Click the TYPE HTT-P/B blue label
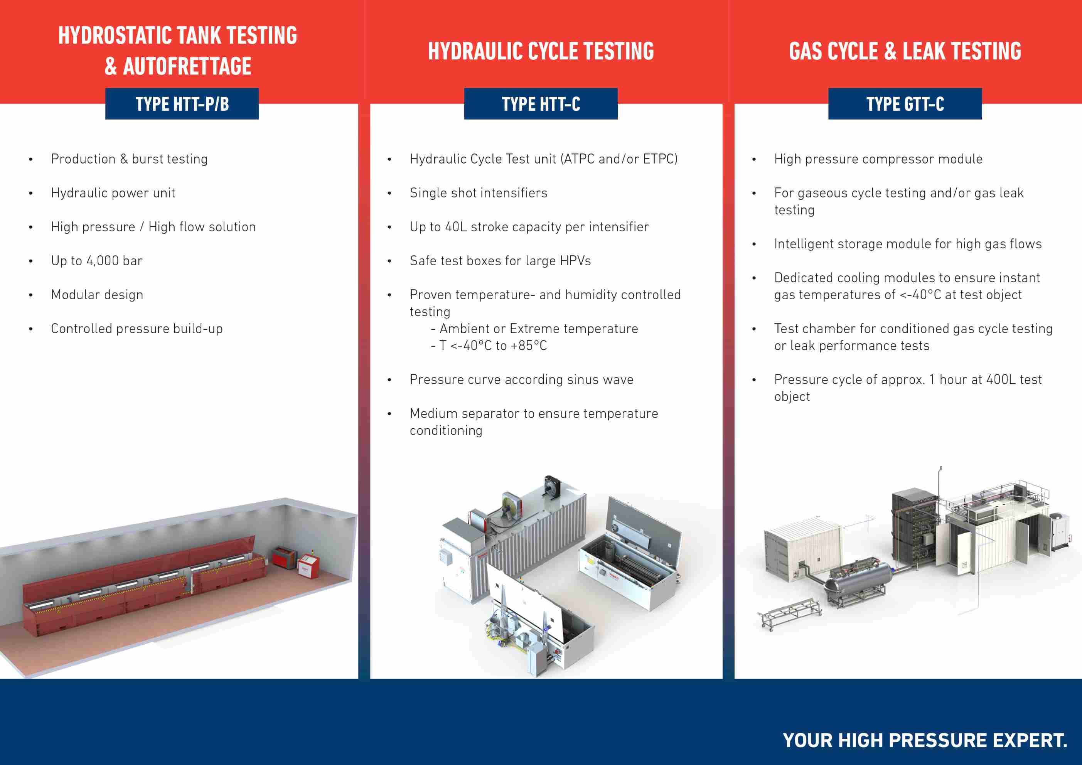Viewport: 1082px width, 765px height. (182, 104)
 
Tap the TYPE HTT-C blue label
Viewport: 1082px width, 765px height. (541, 104)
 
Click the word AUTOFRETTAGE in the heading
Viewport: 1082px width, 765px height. (187, 66)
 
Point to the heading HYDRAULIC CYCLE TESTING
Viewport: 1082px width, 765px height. (541, 51)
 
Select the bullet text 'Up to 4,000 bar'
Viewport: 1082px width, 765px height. (97, 261)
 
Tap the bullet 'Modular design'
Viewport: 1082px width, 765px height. (97, 295)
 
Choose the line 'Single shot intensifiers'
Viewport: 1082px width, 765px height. (478, 193)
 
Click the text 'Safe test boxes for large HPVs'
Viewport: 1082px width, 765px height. (500, 261)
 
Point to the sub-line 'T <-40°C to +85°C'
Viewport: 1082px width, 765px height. (493, 345)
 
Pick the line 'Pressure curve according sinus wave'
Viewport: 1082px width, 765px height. (521, 379)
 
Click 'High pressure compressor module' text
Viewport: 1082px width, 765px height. (878, 159)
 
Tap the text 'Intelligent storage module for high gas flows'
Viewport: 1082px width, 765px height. (908, 244)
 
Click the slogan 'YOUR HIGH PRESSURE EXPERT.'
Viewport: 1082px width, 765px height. (925, 740)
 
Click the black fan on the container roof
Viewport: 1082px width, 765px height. (551, 485)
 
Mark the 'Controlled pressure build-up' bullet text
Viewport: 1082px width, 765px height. (137, 329)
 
